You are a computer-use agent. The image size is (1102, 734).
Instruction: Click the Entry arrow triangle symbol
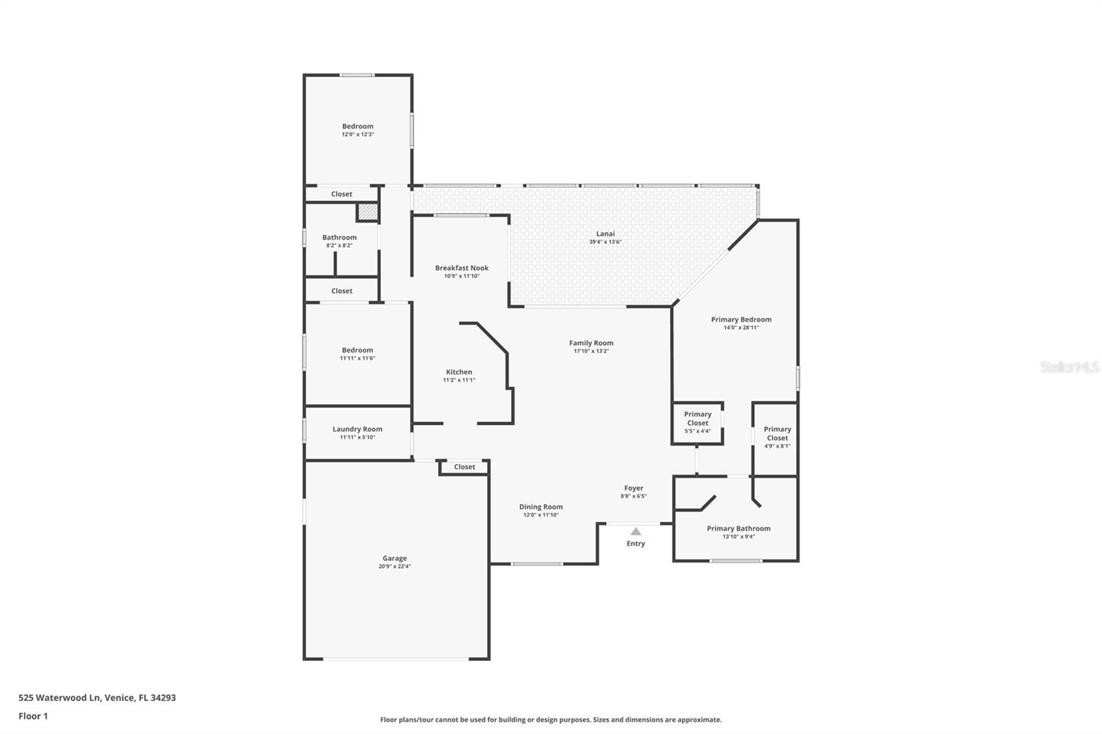636,532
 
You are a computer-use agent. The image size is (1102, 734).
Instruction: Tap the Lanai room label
605,234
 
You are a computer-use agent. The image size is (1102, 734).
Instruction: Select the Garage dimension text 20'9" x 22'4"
395,567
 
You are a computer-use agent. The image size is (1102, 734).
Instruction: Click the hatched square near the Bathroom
368,212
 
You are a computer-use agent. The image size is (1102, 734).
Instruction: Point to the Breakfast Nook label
461,268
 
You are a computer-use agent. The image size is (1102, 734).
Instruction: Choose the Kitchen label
459,372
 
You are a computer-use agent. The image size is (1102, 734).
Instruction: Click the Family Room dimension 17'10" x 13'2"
591,351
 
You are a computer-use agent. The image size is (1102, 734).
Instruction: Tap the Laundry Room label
357,429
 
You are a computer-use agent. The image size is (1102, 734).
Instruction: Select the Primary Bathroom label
738,529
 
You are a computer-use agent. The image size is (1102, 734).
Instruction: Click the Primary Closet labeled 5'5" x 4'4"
697,423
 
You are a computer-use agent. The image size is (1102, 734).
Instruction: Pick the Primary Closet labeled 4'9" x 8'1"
777,437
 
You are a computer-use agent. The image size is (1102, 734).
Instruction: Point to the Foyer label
634,488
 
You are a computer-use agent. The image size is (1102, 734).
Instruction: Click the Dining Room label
541,507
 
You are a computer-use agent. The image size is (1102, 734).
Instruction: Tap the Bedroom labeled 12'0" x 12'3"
357,126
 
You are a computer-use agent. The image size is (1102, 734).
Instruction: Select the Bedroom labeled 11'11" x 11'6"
357,350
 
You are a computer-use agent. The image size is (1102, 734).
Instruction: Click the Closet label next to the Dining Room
464,467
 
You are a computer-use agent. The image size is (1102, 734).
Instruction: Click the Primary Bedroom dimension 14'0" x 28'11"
741,328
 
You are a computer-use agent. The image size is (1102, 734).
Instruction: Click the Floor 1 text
33,716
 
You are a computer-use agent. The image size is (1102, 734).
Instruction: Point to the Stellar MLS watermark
1069,367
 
